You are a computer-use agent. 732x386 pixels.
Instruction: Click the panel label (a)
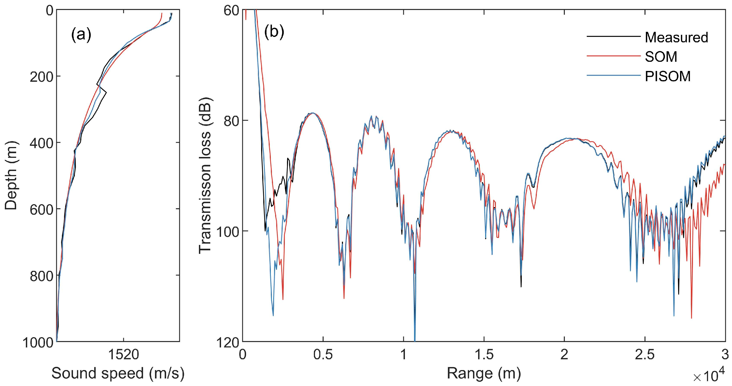click(x=81, y=36)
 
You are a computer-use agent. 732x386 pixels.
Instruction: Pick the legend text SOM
click(x=661, y=57)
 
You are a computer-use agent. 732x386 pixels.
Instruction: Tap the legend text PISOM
click(x=667, y=76)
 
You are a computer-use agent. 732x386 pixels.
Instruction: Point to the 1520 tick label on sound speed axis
click(x=124, y=355)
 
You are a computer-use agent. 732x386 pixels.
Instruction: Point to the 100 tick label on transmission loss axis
click(x=225, y=231)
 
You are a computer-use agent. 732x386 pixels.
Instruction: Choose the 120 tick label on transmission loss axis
click(x=225, y=341)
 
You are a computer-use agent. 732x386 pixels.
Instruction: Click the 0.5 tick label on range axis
click(x=323, y=355)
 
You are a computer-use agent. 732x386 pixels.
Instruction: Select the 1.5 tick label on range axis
click(x=483, y=355)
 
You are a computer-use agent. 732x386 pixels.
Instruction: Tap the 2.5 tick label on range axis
click(x=645, y=355)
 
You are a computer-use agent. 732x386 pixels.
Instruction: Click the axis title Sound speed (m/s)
click(x=118, y=374)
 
